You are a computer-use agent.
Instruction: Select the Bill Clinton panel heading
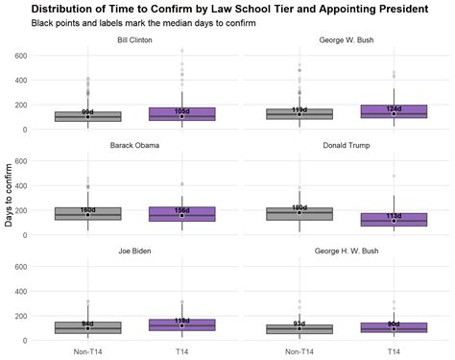[x=134, y=41]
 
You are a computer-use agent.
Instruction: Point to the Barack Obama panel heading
[x=134, y=146]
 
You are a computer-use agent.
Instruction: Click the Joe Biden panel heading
[x=134, y=250]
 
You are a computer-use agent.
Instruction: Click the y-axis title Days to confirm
[x=10, y=197]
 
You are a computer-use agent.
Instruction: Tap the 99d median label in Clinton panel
[x=87, y=112]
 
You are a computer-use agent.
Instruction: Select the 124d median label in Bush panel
[x=394, y=108]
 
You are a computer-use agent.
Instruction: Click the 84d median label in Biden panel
[x=87, y=324]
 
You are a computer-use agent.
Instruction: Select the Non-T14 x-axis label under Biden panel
[x=87, y=351]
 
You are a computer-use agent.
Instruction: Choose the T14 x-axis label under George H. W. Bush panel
[x=394, y=351]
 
